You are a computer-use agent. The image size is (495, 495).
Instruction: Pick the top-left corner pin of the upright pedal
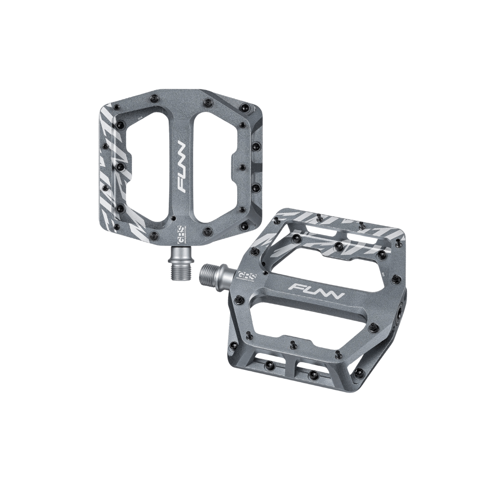[x=115, y=106]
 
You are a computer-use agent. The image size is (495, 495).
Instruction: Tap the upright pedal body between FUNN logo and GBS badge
[x=181, y=208]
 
